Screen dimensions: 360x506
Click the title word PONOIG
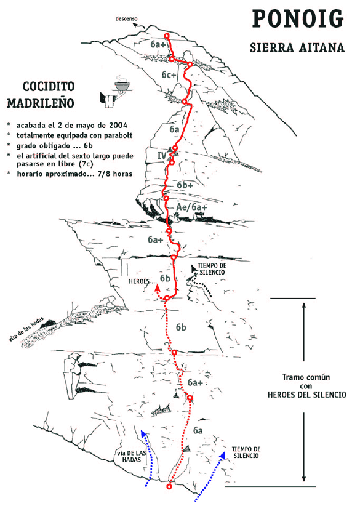pyautogui.click(x=298, y=18)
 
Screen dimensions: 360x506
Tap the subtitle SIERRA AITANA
pyautogui.click(x=297, y=48)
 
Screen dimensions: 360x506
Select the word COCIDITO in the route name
pyautogui.click(x=49, y=86)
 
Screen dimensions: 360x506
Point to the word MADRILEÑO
pyautogui.click(x=41, y=103)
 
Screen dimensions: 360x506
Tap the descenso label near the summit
pyautogui.click(x=126, y=19)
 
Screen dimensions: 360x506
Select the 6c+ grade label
pyautogui.click(x=169, y=75)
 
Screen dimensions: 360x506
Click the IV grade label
pyautogui.click(x=162, y=156)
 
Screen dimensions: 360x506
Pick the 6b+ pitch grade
pyautogui.click(x=185, y=185)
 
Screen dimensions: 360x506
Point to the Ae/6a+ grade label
pyautogui.click(x=191, y=207)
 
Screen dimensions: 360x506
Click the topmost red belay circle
pyautogui.click(x=167, y=36)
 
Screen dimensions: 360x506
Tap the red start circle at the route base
pyautogui.click(x=169, y=486)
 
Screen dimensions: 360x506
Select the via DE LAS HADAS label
pyautogui.click(x=132, y=456)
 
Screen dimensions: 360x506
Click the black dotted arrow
pyautogui.click(x=201, y=281)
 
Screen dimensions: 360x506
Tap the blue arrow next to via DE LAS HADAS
pyautogui.click(x=148, y=458)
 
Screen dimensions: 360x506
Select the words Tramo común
pyautogui.click(x=306, y=377)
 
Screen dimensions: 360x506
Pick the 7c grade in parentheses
pyautogui.click(x=87, y=164)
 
